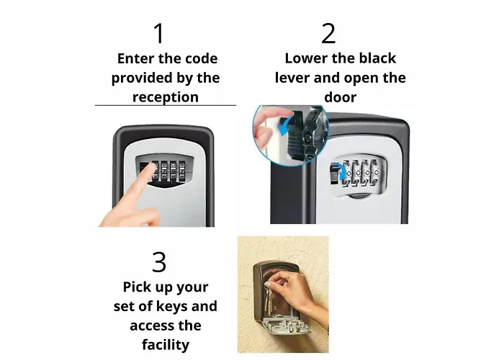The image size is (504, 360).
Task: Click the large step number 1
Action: point(159,33)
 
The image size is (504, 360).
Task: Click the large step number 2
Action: point(328,33)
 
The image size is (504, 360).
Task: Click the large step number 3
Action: point(159,262)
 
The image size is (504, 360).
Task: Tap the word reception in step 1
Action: point(166,97)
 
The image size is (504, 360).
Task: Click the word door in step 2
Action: point(341,97)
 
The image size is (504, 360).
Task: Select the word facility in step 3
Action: point(166,345)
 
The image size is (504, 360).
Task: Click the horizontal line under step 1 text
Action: point(166,105)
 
